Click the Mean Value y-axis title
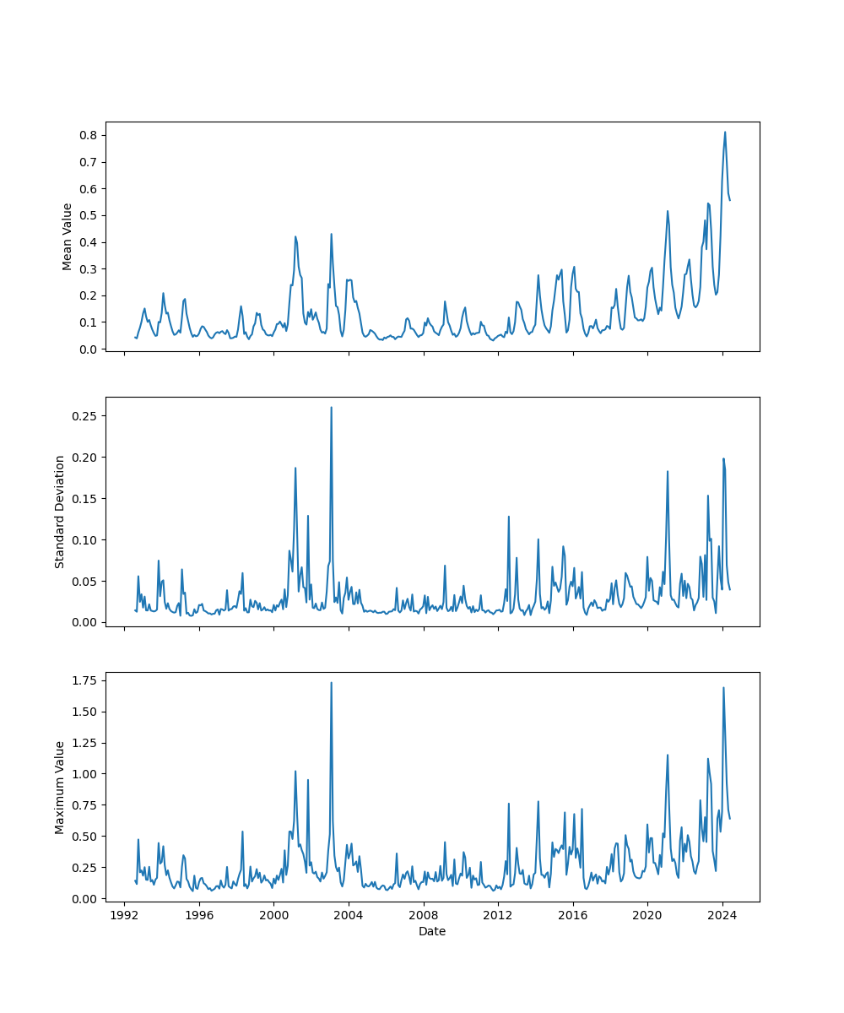coord(68,236)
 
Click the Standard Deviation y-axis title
coord(60,512)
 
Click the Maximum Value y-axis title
coord(60,787)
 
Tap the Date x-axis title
coord(432,931)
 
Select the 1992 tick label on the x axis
coord(125,915)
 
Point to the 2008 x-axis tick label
coord(424,915)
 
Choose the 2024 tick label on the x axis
coord(722,915)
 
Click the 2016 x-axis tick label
coord(573,915)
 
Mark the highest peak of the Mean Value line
coord(724,132)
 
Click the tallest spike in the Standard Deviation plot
coord(331,407)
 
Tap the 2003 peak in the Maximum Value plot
coord(331,682)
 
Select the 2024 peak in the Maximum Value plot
coord(723,687)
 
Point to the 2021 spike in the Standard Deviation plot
coord(668,471)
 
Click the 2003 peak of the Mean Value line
coord(331,234)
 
